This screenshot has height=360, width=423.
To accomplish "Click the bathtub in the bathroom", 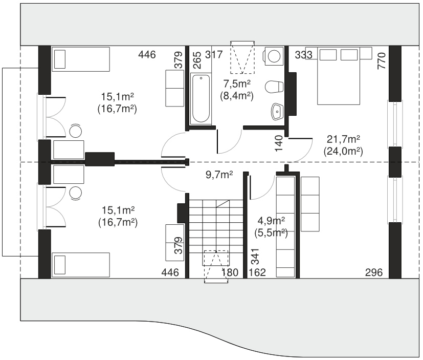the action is (x=201, y=99).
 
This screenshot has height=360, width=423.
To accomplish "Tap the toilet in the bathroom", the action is (x=274, y=87).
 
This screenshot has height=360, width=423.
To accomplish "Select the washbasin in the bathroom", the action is (x=277, y=111).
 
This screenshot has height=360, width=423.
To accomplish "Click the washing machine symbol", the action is (x=274, y=56).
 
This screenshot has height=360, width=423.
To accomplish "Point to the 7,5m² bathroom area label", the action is (x=237, y=83).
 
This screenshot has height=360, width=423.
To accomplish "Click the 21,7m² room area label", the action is (x=343, y=139).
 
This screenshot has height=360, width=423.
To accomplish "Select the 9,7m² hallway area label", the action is (x=219, y=175).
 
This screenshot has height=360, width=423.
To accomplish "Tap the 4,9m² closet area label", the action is (x=271, y=221).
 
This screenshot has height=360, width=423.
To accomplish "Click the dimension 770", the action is (x=382, y=61).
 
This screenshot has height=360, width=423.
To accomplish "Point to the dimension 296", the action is (x=374, y=272).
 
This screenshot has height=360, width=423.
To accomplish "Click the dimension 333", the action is (x=303, y=55).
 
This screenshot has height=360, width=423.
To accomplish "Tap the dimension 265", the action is (x=197, y=60).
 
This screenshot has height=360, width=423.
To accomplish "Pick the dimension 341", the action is (x=255, y=257).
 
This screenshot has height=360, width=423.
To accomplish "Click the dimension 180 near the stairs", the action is (x=230, y=272).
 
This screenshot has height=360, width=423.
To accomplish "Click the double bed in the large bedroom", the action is (x=339, y=76).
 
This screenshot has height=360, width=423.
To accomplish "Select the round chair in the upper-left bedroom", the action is (x=76, y=131).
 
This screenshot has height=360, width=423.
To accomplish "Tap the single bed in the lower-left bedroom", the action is (x=81, y=265).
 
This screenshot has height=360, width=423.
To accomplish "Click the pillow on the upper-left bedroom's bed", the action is (x=60, y=59).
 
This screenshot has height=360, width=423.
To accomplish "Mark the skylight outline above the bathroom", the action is (x=242, y=57).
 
